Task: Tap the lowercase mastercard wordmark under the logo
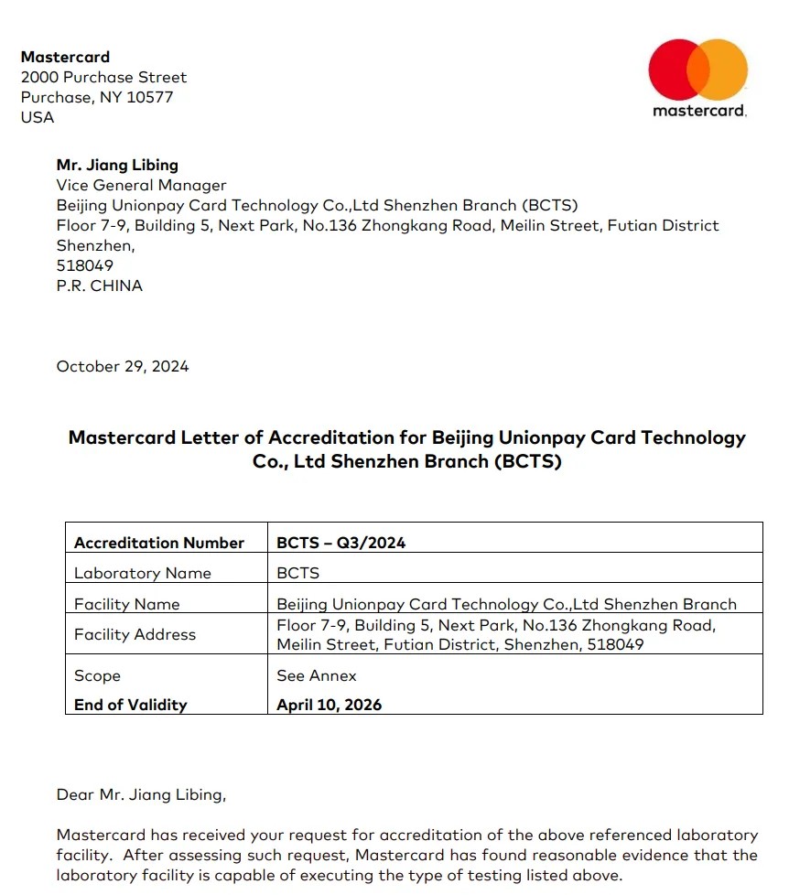(699, 111)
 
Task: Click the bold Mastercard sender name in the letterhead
(65, 57)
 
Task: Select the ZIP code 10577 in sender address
(150, 97)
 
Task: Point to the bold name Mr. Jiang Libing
(117, 165)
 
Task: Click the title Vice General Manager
(141, 185)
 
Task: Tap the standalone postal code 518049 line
(85, 265)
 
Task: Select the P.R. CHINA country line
(100, 286)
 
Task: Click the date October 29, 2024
(123, 366)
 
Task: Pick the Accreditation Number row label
(159, 543)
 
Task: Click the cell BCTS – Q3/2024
(341, 543)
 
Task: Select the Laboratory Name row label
(143, 573)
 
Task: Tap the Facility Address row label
(135, 634)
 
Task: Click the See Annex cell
(317, 675)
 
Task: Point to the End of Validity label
(131, 705)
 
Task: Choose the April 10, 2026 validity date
(330, 705)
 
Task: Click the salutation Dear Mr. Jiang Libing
(141, 794)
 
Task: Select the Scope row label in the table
(98, 675)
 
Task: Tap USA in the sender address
(38, 117)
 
